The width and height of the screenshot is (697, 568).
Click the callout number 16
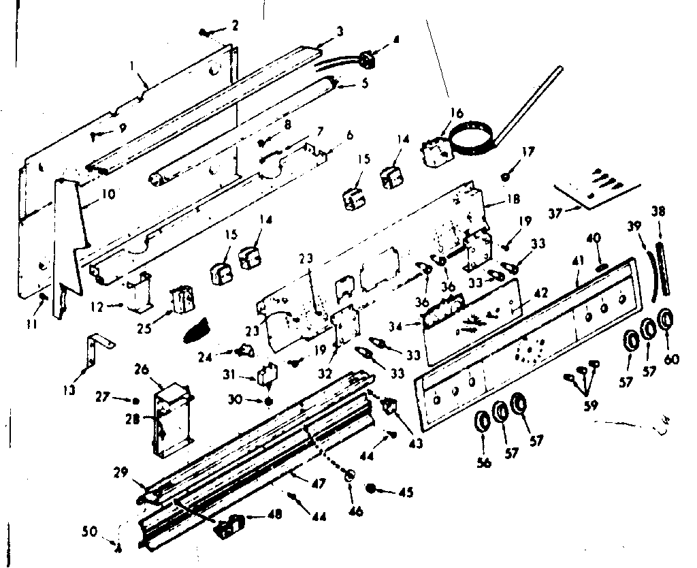click(x=455, y=112)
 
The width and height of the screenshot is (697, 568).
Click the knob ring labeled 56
click(x=481, y=421)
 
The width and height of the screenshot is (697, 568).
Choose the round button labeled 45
click(x=373, y=488)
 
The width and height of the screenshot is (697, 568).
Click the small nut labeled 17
click(x=506, y=176)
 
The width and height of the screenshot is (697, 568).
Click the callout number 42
click(x=540, y=294)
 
